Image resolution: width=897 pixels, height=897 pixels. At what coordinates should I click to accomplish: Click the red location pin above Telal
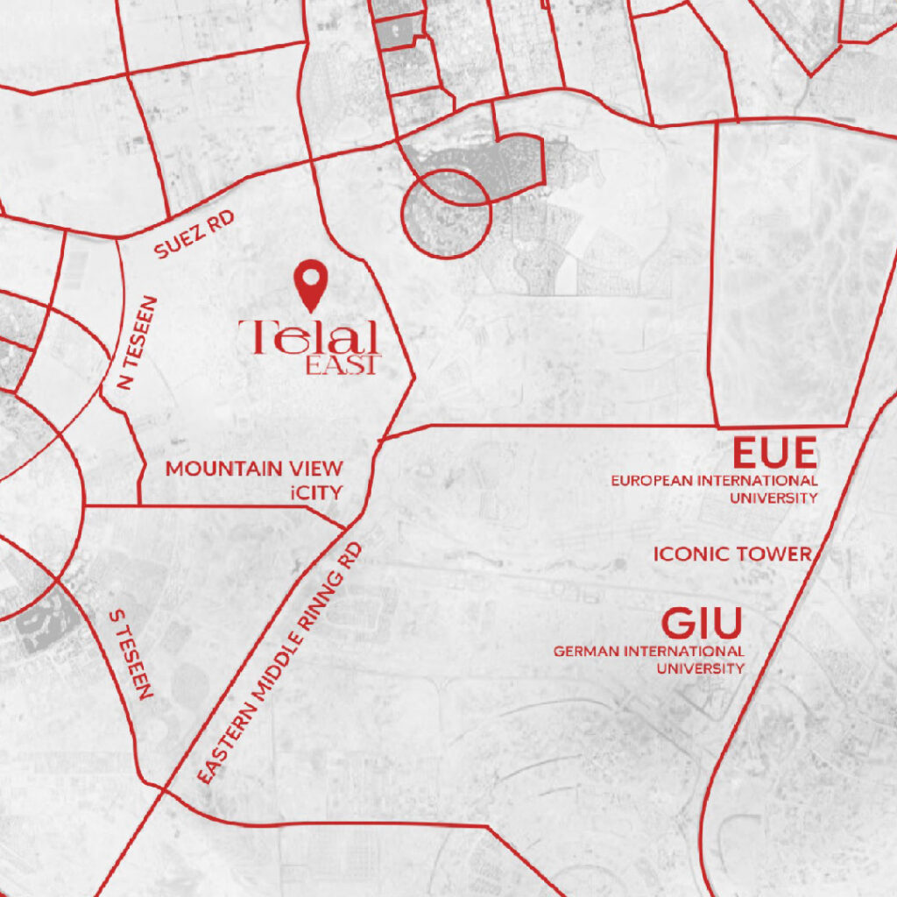coord(310,282)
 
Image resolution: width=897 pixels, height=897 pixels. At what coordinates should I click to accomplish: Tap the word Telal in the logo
coord(307,338)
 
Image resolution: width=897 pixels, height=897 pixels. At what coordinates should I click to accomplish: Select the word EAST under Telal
coord(343,365)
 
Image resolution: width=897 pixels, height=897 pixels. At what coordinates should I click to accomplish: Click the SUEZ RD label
coord(194,235)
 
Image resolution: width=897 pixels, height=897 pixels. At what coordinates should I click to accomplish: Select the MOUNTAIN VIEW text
coord(254,469)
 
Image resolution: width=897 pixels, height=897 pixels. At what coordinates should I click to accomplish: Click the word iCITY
coord(314,492)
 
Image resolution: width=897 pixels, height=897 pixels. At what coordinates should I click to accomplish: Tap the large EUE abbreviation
coord(774,454)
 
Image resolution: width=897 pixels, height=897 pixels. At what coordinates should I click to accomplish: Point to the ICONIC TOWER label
coord(732,554)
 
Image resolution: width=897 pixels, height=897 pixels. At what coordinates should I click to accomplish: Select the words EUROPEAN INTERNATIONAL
coord(714,481)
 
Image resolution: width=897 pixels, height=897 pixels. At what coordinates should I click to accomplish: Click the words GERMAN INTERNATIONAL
coord(649,652)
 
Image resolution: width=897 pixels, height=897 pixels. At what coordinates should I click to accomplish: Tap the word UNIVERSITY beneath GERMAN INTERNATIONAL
coord(701,668)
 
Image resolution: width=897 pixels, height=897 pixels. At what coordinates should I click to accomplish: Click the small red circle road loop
coord(446,214)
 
